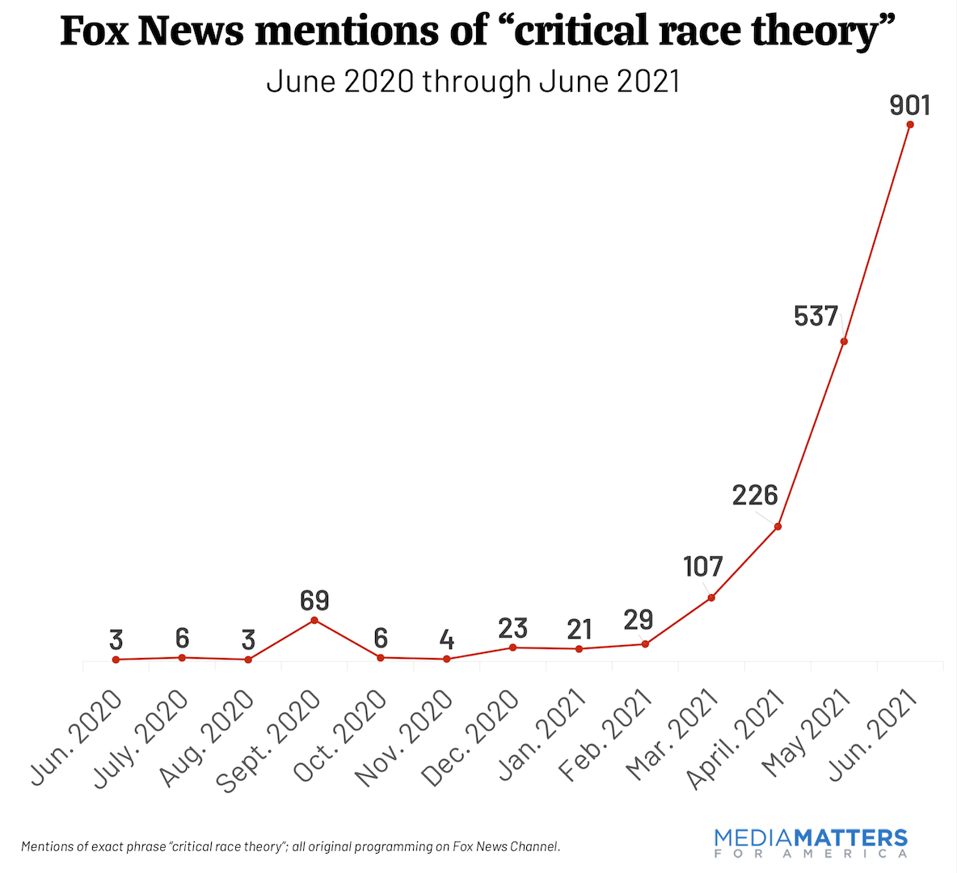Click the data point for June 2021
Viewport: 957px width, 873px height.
(x=910, y=124)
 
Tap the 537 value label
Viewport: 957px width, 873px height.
(x=816, y=316)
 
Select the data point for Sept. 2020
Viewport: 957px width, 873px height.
(x=314, y=620)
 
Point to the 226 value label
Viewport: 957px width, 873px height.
(x=755, y=496)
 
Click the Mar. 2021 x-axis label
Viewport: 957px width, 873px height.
(x=672, y=736)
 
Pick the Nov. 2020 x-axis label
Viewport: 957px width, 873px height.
(x=404, y=739)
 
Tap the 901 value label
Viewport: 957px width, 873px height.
(x=910, y=105)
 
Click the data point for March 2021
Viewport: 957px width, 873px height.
(x=711, y=597)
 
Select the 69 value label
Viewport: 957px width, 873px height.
(x=314, y=601)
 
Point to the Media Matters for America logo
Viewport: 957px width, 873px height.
(x=811, y=843)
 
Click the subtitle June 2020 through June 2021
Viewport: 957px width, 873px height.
(x=473, y=81)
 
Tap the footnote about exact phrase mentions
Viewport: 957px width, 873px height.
(x=290, y=846)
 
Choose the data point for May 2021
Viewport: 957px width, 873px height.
(x=844, y=341)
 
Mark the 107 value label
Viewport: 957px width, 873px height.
(x=703, y=567)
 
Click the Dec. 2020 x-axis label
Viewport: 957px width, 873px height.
(x=470, y=739)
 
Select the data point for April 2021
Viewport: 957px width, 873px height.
(x=778, y=526)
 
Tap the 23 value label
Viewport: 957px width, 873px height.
(x=512, y=627)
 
